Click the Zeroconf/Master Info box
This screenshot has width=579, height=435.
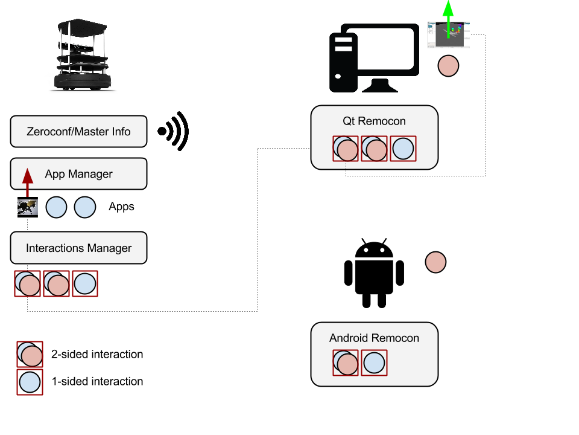(78, 131)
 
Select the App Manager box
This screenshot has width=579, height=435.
(78, 174)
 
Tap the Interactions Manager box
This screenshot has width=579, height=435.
(78, 248)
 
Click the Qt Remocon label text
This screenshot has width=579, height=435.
(374, 121)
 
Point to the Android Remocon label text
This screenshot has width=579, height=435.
(374, 338)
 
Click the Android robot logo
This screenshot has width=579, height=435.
(374, 272)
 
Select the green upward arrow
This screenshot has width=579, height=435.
(448, 18)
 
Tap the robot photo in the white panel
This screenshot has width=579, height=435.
(79, 53)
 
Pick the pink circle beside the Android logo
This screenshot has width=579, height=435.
(435, 262)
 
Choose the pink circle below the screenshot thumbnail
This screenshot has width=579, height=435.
(448, 65)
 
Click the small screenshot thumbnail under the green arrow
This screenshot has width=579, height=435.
(448, 35)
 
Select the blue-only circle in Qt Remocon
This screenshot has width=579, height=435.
(403, 149)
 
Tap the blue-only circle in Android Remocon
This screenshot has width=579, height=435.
(374, 363)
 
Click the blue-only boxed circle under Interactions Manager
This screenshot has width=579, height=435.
(85, 283)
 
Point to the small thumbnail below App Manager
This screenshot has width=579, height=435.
(27, 208)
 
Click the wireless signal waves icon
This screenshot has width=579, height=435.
(175, 131)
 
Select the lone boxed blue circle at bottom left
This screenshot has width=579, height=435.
(30, 382)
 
